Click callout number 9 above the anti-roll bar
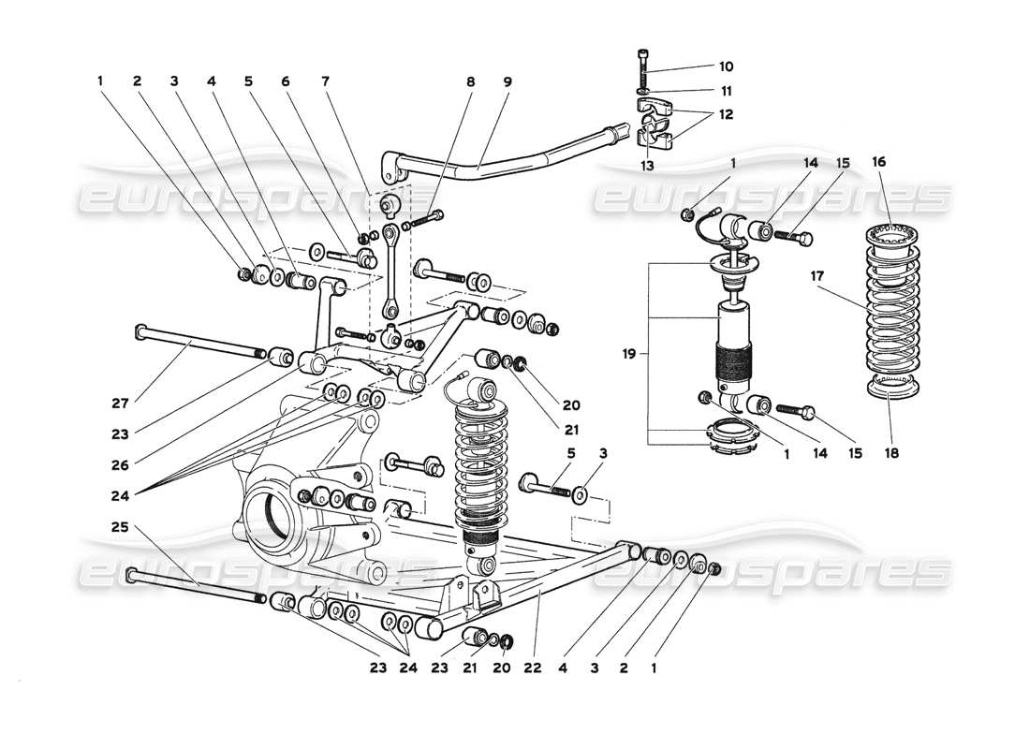coord(507,81)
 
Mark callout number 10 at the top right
coord(726,66)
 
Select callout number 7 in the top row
coord(325,81)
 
